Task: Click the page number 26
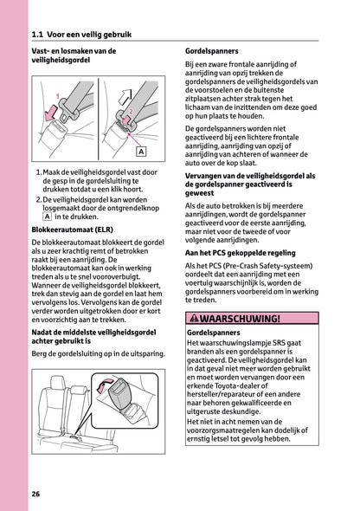tap(35, 494)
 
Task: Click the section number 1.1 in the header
tap(37, 35)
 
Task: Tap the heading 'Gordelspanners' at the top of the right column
tap(214, 51)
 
